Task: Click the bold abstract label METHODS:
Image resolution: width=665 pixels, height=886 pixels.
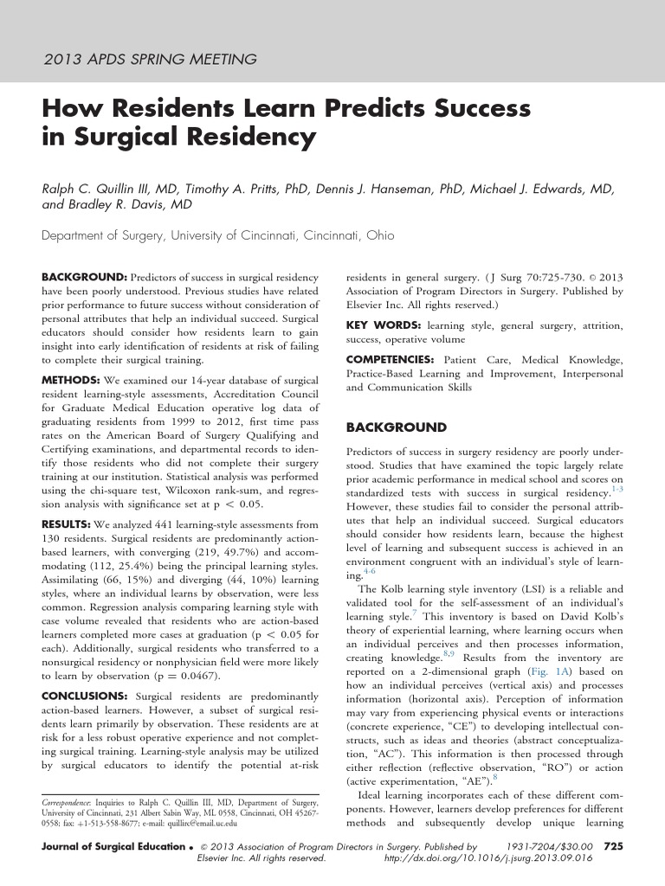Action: point(71,380)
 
